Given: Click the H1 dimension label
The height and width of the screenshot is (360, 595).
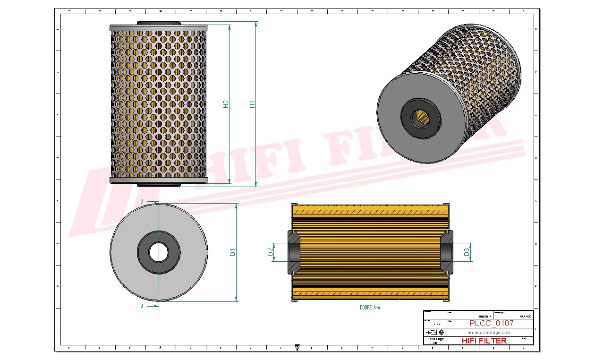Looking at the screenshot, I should tap(253, 104).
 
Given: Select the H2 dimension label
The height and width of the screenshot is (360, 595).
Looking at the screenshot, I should tap(226, 104).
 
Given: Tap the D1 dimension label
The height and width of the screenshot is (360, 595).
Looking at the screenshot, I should tap(233, 252).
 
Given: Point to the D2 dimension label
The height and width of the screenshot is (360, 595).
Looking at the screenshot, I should tap(271, 252).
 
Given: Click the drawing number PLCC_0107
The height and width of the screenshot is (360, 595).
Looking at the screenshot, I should tap(491, 324).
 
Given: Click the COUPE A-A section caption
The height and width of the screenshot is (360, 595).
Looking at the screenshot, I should tap(370, 308).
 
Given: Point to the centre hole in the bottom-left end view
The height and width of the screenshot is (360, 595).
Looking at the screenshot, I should tap(159, 252).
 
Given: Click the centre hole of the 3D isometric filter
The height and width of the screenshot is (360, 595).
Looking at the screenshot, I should tap(421, 117).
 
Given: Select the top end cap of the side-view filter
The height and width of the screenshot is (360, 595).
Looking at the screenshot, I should tap(159, 28).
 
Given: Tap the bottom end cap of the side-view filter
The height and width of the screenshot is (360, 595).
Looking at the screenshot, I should tap(159, 180).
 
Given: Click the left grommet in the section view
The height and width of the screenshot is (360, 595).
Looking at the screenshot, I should tap(293, 252).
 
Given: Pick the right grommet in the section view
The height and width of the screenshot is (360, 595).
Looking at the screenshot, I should tap(447, 252).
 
